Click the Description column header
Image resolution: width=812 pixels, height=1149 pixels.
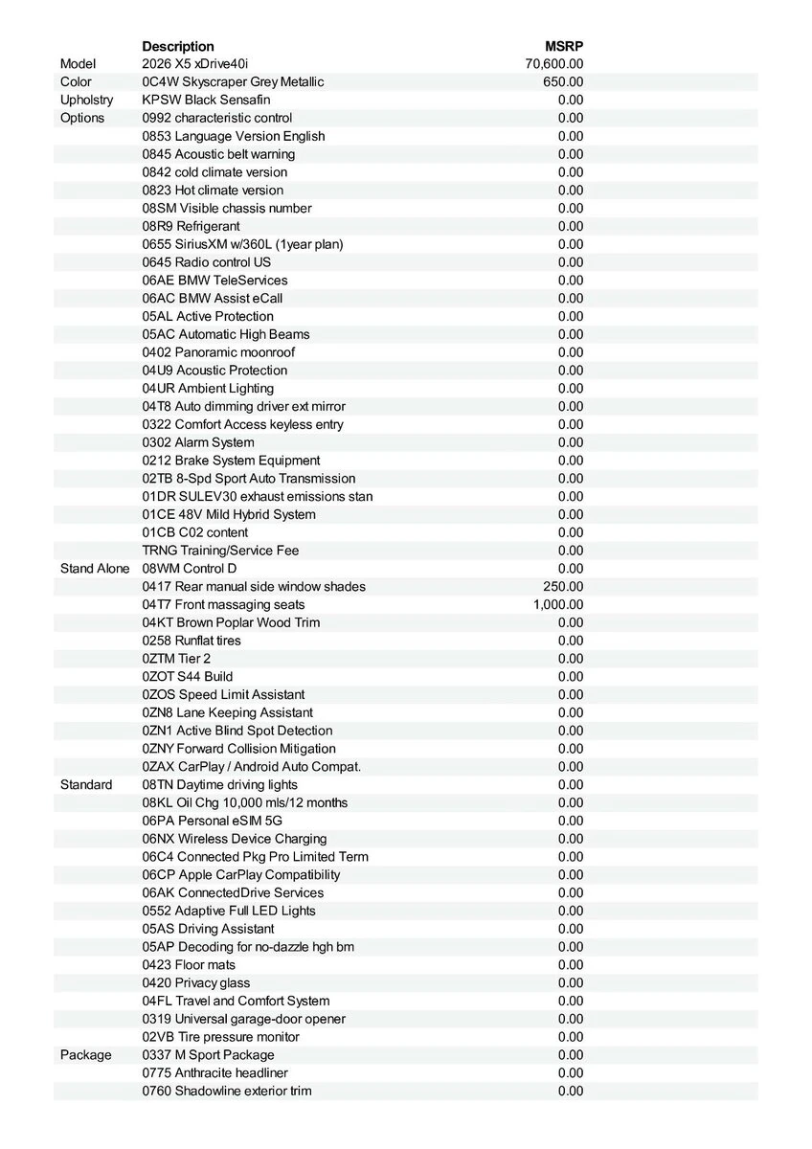[178, 46]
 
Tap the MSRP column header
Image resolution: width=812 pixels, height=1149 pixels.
[564, 46]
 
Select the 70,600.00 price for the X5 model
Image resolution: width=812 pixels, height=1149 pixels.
[554, 64]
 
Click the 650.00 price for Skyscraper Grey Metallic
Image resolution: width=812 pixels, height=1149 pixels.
[563, 82]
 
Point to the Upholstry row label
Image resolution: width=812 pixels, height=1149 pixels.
[86, 100]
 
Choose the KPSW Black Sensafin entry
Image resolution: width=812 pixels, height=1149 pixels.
[206, 100]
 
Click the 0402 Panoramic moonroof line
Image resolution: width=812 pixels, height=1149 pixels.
[218, 352]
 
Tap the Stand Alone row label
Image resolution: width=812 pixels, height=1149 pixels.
[95, 569]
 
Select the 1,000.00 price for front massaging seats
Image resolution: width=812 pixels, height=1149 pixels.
[557, 604]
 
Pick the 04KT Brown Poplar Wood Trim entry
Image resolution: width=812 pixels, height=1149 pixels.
[231, 622]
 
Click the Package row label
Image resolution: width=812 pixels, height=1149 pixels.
[85, 1055]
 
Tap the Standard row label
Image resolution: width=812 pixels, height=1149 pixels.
[86, 785]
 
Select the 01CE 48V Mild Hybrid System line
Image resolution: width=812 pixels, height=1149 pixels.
[229, 514]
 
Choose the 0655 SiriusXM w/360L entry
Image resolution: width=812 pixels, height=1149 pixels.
[242, 244]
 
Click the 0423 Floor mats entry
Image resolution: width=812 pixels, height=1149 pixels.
[189, 965]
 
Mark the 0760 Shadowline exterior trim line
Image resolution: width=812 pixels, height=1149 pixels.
[226, 1091]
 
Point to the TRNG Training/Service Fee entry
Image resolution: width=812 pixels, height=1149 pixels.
[220, 551]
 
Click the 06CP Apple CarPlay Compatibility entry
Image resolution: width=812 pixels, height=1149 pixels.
[240, 875]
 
